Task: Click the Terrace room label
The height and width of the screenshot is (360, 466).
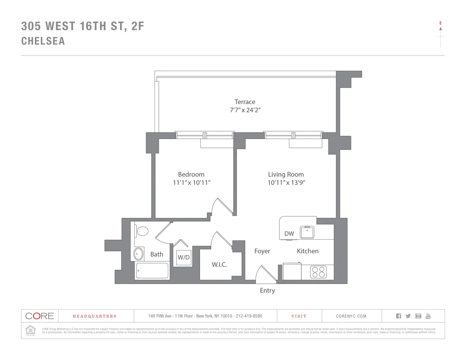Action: pyautogui.click(x=245, y=102)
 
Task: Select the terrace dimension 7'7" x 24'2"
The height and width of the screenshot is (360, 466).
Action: pyautogui.click(x=245, y=110)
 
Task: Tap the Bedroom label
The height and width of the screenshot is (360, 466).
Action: pyautogui.click(x=191, y=174)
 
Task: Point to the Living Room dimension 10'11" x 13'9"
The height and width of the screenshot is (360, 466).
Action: pyautogui.click(x=286, y=183)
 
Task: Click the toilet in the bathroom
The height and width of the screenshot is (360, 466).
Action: pyautogui.click(x=142, y=231)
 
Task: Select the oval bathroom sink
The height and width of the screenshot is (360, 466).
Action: pyautogui.click(x=138, y=254)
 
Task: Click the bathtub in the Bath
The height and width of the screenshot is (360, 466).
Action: pyautogui.click(x=152, y=271)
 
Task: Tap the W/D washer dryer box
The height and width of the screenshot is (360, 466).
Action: pyautogui.click(x=184, y=257)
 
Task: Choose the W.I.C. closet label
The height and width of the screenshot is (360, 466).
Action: pyautogui.click(x=219, y=264)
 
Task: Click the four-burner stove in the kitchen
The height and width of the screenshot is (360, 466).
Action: pyautogui.click(x=318, y=272)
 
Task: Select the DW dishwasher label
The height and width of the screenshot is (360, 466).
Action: pyautogui.click(x=289, y=234)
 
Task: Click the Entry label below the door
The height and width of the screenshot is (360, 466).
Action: pyautogui.click(x=267, y=290)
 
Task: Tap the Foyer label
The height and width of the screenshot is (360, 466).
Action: pyautogui.click(x=262, y=251)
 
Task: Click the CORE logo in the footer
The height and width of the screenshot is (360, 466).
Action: pyautogui.click(x=40, y=316)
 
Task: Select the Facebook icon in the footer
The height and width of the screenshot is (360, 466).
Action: pyautogui.click(x=398, y=316)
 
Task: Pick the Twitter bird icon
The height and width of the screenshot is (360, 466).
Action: pyautogui.click(x=408, y=316)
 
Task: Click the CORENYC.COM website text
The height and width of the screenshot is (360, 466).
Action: pyautogui.click(x=351, y=316)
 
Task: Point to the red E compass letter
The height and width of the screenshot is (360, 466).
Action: pyautogui.click(x=440, y=23)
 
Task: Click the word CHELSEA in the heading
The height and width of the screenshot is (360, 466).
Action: pyautogui.click(x=43, y=41)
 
